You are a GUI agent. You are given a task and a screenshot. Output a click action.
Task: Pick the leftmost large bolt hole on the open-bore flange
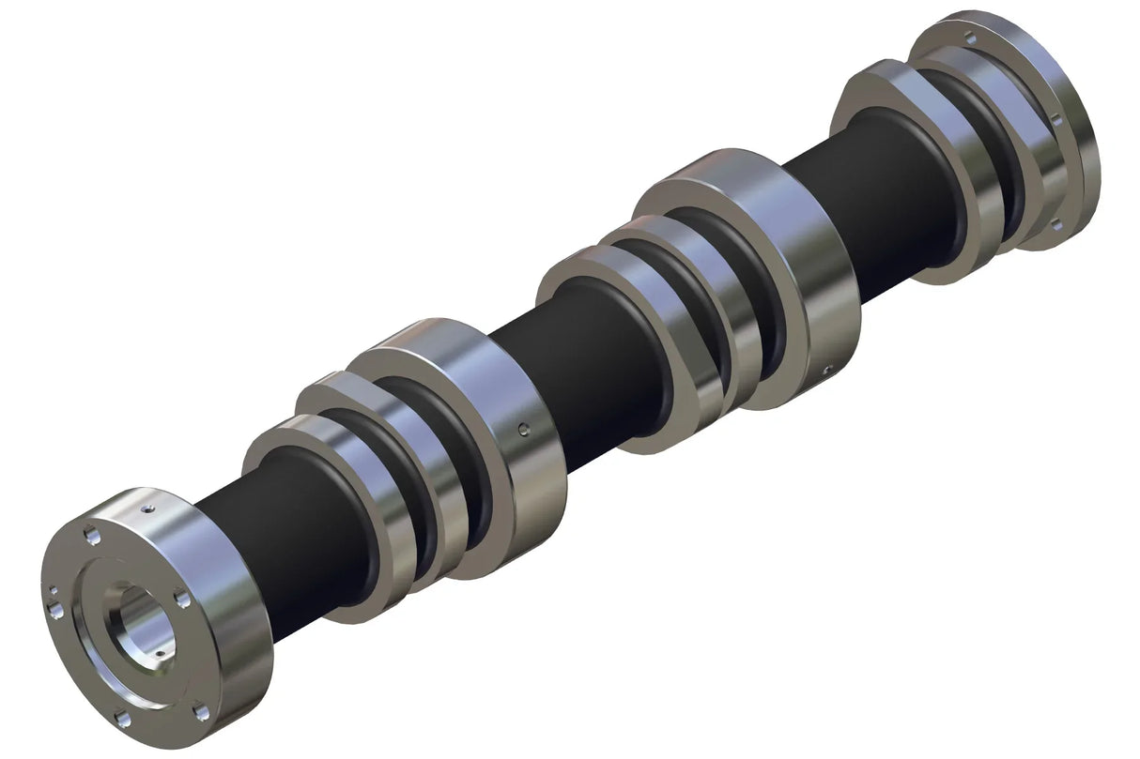[55, 611]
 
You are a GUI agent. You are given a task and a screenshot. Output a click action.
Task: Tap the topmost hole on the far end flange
[970, 38]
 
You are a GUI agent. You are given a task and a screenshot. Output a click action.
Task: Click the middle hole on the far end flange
[1055, 120]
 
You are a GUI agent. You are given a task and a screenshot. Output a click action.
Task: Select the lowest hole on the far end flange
[1055, 223]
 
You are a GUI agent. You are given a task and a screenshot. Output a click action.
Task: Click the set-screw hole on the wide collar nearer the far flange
[826, 368]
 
